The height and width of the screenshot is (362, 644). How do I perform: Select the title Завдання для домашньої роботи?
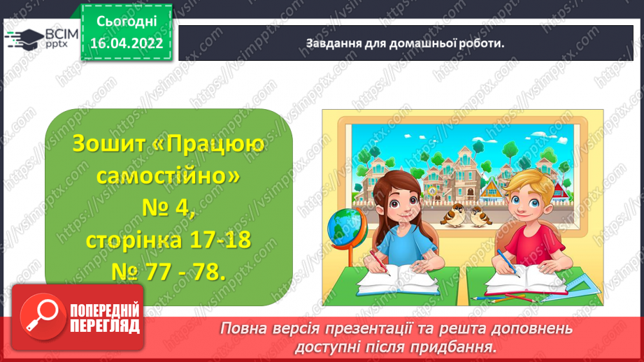coord(405,43)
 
